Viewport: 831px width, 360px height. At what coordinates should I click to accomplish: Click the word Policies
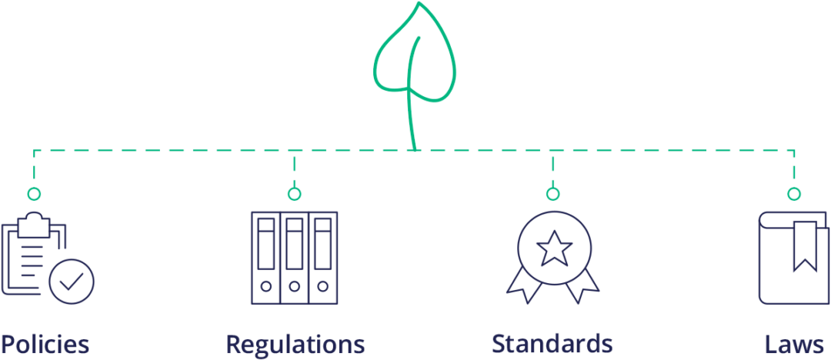click(45, 344)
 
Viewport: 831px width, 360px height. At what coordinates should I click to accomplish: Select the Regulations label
click(295, 344)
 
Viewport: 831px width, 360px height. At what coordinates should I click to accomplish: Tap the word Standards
click(552, 343)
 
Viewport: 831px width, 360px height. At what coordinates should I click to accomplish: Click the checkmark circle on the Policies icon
click(72, 282)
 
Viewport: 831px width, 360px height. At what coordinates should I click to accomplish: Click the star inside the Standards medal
click(553, 248)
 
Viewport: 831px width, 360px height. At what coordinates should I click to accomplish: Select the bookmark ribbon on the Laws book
click(805, 245)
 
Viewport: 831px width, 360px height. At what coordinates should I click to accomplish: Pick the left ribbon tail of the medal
click(525, 286)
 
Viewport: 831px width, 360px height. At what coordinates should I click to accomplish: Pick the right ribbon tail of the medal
click(582, 286)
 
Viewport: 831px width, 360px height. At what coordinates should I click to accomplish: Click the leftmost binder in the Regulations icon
click(265, 258)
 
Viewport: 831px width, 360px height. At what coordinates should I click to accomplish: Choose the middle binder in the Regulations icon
click(294, 258)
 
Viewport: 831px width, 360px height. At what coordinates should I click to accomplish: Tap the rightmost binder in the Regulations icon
click(322, 258)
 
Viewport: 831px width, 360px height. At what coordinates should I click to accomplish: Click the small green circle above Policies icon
click(34, 194)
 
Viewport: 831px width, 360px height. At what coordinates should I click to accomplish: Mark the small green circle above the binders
click(294, 194)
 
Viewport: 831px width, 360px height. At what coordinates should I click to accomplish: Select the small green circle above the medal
click(552, 194)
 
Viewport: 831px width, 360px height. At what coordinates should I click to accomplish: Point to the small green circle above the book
click(794, 194)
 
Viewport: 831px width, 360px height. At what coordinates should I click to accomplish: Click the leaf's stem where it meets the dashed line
click(415, 148)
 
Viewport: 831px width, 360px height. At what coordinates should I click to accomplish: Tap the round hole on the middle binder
click(294, 286)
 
